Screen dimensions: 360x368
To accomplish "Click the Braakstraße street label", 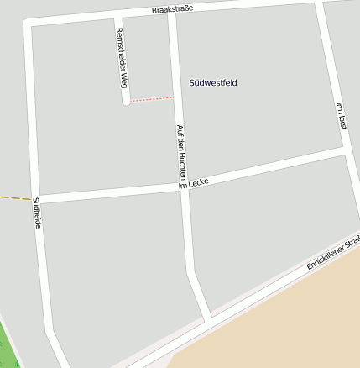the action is coord(173,9).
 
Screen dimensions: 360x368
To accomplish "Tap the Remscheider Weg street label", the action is coord(122,57).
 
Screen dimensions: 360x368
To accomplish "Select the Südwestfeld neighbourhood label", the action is coord(213,82).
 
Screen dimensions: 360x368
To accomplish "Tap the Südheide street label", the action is coord(37,214).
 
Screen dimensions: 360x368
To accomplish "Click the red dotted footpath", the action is coord(151,99).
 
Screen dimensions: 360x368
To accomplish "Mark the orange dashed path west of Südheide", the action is coord(15,198).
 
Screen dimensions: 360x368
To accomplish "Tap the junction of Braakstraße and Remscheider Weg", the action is coord(117,19).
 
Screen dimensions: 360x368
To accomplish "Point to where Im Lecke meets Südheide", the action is coord(37,199).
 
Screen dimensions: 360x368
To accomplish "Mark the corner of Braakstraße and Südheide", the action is coord(30,26).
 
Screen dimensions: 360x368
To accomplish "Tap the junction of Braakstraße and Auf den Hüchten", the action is coord(171,14).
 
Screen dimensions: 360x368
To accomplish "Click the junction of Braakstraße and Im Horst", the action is coord(319,3).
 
